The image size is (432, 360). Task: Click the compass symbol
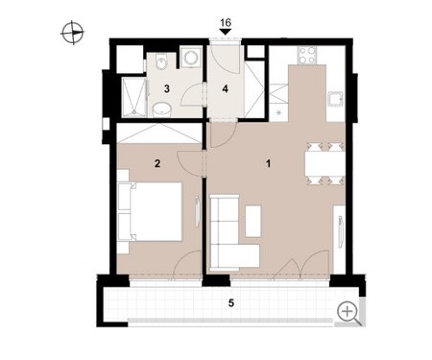(72, 33)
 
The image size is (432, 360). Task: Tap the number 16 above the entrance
(226, 23)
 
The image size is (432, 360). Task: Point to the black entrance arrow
(226, 32)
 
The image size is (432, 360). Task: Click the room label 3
(166, 89)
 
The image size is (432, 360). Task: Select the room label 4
(226, 89)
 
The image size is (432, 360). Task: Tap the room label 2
(157, 164)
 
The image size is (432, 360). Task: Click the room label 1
(269, 164)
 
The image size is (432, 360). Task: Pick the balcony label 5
(231, 302)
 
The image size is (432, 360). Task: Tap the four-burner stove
(307, 55)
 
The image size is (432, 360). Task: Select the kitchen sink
(335, 100)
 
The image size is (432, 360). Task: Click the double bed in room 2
(150, 211)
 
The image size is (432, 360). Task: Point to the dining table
(324, 163)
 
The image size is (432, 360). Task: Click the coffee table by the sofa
(253, 221)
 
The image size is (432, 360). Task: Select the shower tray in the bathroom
(134, 97)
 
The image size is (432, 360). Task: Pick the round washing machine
(191, 57)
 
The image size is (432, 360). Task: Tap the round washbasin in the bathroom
(162, 109)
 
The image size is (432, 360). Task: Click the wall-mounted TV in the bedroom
(197, 212)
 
